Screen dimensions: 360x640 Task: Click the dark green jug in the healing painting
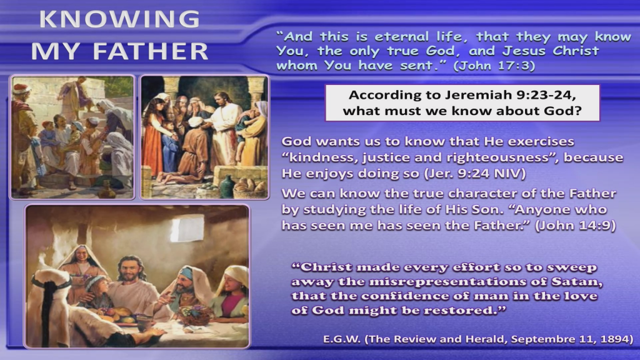point(227,185)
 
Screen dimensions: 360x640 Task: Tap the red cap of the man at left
point(21,88)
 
